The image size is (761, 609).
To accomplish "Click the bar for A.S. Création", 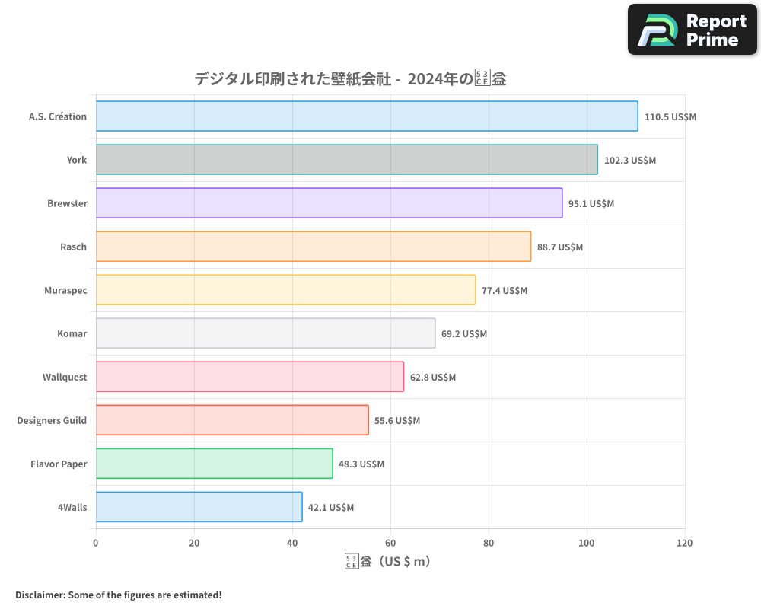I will pos(367,116).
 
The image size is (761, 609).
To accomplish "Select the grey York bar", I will pos(346,160).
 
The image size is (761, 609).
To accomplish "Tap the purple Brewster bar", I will pos(329,203).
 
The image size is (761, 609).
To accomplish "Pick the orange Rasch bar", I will pos(313,247).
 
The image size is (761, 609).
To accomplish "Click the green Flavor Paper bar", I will pos(214,464).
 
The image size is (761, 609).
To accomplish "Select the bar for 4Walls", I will pos(199,507).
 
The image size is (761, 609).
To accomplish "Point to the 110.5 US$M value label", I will pos(670,117).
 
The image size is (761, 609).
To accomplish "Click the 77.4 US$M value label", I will pos(504,291).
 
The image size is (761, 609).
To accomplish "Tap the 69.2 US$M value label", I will pos(464,334).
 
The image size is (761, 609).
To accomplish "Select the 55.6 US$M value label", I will pos(396,421).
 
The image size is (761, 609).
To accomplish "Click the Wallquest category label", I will pos(65,378).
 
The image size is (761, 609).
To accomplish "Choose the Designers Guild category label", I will pos(52,421).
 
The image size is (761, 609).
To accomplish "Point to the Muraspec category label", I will pos(65,291).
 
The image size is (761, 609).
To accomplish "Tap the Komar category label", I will pos(72,334).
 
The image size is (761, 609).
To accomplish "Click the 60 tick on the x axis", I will pos(390,544).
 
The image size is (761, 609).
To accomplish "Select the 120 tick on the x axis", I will pos(684,544).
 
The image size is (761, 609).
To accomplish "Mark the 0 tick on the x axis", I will pos(96,544).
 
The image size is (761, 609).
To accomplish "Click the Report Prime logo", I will pos(692,30).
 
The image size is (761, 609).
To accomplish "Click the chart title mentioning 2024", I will pos(350,78).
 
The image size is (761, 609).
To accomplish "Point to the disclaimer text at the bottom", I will pos(118,595).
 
